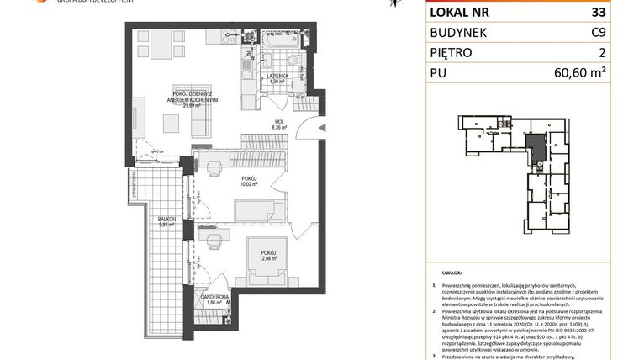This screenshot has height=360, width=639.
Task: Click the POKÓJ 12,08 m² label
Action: pyautogui.click(x=268, y=255)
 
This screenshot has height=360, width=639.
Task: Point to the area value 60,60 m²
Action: pyautogui.click(x=579, y=72)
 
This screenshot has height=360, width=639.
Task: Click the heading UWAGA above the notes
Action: pyautogui.click(x=451, y=273)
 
